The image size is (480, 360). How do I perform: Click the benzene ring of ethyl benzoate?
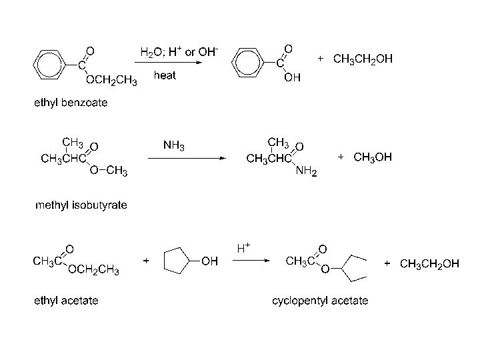(49, 65)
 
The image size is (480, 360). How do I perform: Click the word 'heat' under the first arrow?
(165, 75)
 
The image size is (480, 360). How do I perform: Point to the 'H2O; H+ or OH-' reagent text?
(179, 51)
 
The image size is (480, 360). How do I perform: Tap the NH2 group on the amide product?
(306, 172)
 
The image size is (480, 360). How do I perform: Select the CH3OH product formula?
(373, 157)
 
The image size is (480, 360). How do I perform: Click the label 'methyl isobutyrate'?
(81, 205)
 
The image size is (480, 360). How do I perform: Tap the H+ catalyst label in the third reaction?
(243, 248)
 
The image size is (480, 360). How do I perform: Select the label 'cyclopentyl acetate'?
(320, 301)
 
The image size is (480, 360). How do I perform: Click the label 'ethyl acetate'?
(66, 301)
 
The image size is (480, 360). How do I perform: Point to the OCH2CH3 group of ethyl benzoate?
(111, 81)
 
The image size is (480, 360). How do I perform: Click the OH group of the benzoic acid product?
(292, 78)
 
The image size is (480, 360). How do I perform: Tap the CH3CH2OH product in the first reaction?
(363, 59)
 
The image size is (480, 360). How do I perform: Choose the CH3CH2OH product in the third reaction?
(429, 263)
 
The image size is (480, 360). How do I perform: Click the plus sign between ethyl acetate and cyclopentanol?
(146, 262)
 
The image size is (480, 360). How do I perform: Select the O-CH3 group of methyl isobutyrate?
(109, 172)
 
